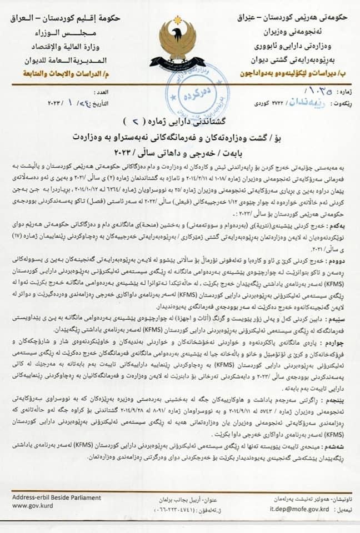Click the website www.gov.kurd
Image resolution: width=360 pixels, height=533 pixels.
[x=31, y=506]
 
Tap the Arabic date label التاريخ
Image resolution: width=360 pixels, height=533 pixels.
[x=102, y=103]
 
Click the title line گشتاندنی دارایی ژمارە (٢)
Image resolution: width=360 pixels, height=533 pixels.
[x=179, y=121]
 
